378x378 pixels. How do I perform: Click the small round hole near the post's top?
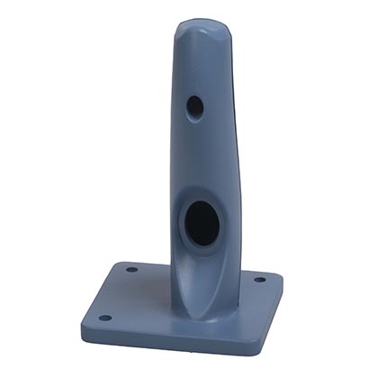point(194,106)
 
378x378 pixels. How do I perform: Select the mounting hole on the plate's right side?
point(259,279)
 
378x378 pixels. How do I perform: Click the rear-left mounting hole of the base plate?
point(131,269)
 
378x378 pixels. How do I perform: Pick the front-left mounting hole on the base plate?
point(104,317)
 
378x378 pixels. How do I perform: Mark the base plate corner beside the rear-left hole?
point(117,264)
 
